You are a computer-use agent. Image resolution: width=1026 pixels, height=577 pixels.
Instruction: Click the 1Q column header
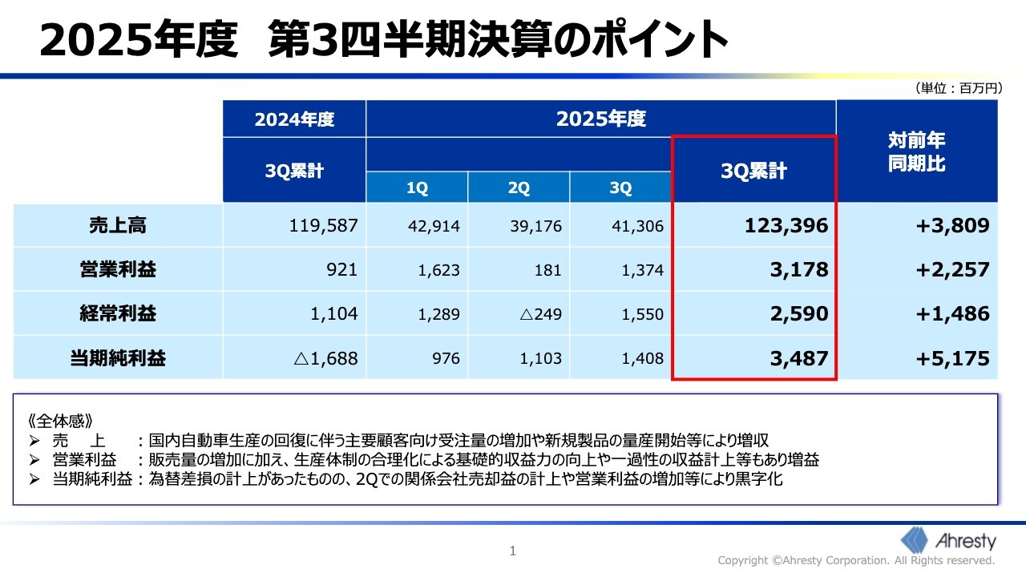click(417, 188)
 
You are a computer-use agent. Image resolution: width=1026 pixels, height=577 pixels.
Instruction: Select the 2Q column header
click(519, 188)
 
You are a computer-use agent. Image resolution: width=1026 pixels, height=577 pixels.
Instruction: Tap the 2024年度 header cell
click(294, 119)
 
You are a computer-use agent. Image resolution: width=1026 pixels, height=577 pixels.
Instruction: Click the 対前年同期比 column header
click(916, 152)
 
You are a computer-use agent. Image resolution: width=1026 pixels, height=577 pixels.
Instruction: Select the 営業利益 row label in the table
click(117, 270)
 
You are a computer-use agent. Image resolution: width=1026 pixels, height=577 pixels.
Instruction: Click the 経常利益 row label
click(117, 314)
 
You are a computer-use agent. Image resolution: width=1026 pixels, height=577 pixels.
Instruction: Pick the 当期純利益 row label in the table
click(117, 358)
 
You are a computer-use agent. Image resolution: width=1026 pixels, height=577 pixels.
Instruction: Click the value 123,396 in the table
click(786, 226)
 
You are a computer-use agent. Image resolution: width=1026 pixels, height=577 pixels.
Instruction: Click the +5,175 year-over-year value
click(952, 358)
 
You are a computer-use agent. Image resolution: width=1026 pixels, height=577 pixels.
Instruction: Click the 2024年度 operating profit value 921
click(342, 270)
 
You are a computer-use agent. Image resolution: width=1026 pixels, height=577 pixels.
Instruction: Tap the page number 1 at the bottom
click(513, 551)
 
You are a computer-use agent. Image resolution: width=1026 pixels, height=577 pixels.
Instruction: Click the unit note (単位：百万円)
click(957, 89)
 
